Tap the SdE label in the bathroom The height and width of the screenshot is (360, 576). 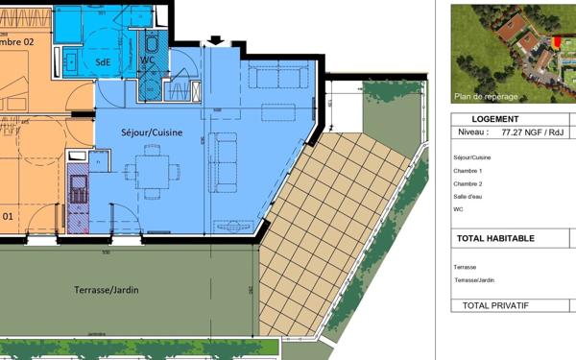[x=103, y=61]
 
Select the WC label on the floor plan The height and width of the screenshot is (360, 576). [x=147, y=61]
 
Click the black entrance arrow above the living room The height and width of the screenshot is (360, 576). [x=215, y=40]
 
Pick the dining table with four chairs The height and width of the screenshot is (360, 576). [x=152, y=169]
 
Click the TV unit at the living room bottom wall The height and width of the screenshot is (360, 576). [x=233, y=227]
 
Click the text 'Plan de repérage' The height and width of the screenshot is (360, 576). [x=486, y=96]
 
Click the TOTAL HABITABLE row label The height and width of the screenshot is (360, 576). [x=496, y=238]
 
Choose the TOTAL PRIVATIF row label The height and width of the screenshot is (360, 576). [x=495, y=305]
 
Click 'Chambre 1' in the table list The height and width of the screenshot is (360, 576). [x=468, y=170]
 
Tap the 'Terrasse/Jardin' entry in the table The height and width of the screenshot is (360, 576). [x=474, y=280]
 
